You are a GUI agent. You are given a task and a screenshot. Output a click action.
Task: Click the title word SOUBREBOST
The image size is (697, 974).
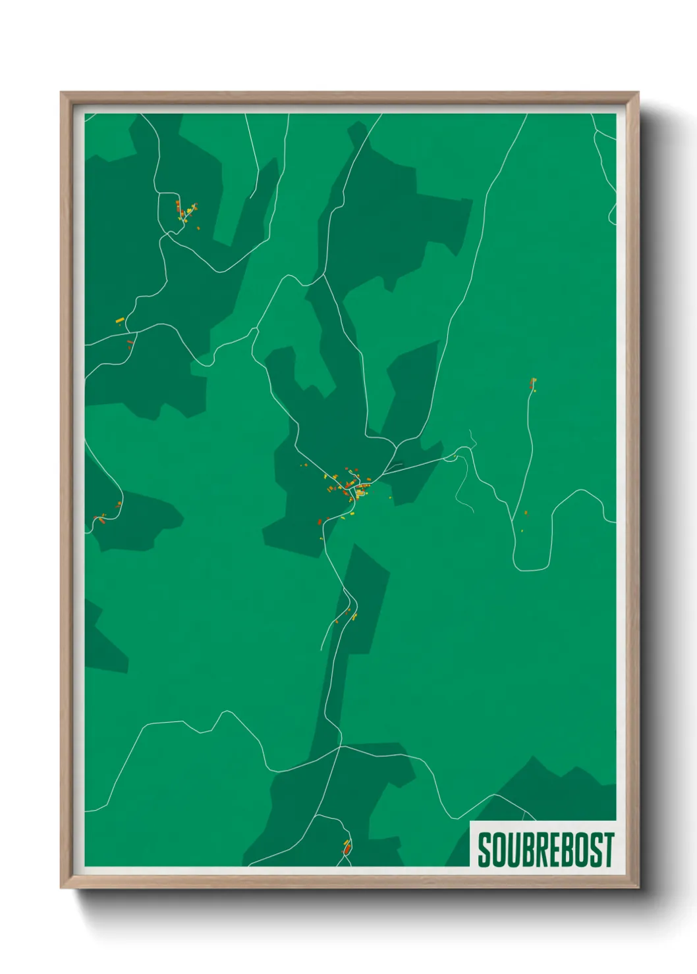[545, 850]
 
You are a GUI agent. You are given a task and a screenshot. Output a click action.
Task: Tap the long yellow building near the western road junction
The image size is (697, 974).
[120, 320]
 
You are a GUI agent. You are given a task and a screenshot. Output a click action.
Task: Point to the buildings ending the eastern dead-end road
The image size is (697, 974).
[533, 383]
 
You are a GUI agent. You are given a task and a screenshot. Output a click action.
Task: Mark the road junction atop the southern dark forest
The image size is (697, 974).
[340, 746]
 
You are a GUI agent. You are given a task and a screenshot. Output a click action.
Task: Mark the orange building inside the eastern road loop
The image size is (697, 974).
[526, 513]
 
